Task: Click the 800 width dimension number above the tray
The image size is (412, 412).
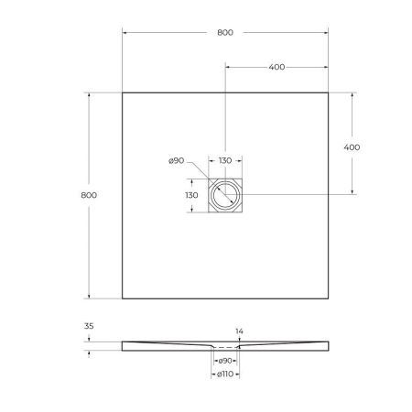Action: point(225,33)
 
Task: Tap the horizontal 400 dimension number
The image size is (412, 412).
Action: point(276,67)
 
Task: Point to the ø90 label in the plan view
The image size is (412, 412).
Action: point(178,162)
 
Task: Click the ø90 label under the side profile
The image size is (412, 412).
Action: point(225,361)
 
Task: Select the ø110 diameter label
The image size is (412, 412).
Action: point(225,374)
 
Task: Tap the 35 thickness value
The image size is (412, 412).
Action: point(88,325)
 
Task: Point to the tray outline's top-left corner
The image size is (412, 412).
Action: point(123,92)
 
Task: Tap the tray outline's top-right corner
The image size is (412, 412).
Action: point(329,92)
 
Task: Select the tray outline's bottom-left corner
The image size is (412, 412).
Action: point(123,298)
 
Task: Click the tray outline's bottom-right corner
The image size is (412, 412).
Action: point(329,298)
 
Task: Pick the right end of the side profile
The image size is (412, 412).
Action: point(328,344)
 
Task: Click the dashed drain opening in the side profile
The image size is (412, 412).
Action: point(225,350)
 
